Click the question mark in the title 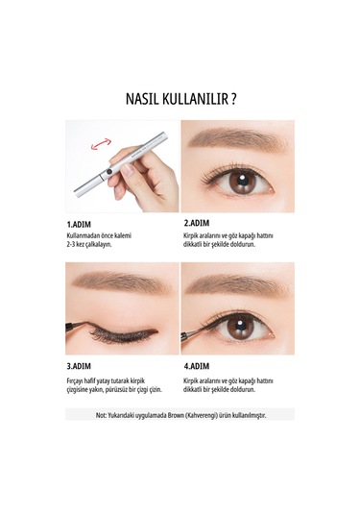(x=234, y=98)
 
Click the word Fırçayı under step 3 (x=79, y=380)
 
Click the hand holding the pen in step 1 (x=144, y=173)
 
